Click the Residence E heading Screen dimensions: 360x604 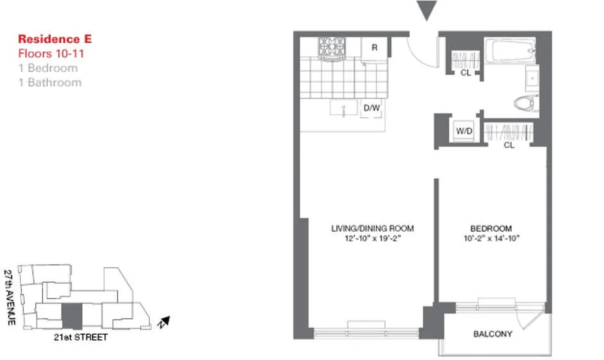(55, 39)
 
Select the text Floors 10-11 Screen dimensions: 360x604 (51, 54)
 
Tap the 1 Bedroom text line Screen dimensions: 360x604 (48, 68)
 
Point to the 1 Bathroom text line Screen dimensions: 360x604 (50, 82)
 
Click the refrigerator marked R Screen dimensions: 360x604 (374, 48)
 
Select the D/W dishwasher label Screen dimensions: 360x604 (372, 108)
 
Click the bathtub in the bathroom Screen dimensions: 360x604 (510, 51)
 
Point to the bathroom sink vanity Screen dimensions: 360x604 (532, 79)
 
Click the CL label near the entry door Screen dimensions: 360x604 (465, 72)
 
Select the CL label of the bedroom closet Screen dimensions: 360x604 (509, 145)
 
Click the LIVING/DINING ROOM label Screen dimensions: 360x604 (372, 229)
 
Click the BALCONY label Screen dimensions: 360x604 (492, 334)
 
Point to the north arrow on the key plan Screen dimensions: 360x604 (165, 321)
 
